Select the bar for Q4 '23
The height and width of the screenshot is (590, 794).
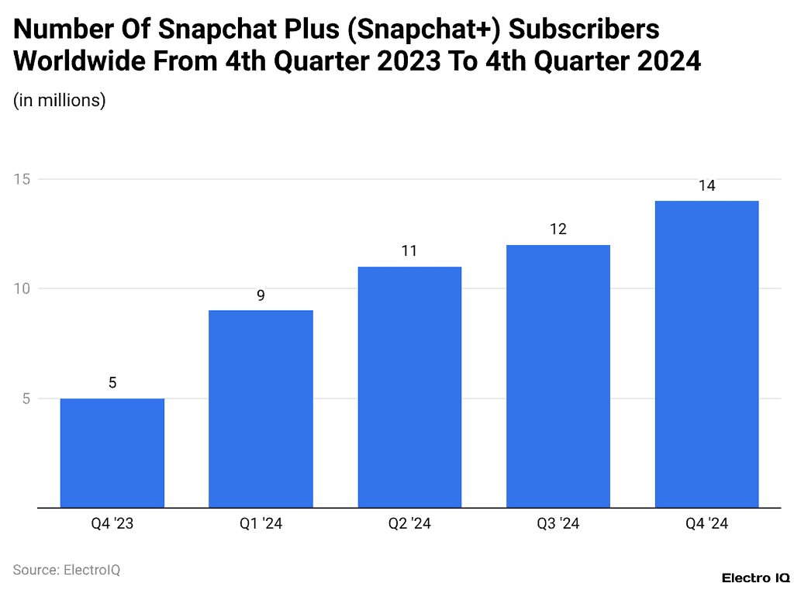[112, 454]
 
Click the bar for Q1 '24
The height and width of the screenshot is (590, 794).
[261, 409]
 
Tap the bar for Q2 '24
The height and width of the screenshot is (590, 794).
[409, 388]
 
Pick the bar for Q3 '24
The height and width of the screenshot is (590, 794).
[558, 377]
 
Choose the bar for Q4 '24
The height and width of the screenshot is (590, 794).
[706, 354]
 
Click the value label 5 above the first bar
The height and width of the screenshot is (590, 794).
[112, 383]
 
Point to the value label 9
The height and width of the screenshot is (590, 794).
[261, 295]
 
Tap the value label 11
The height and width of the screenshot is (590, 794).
[409, 251]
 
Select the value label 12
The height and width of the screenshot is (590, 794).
[558, 229]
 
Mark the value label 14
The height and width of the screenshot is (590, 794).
[706, 186]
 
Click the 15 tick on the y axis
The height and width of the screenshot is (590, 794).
[22, 179]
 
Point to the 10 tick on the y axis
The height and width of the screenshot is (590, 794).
[22, 288]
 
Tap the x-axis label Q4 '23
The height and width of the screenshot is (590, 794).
[112, 525]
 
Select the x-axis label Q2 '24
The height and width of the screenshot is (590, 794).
[409, 525]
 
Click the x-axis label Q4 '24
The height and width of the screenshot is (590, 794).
[706, 525]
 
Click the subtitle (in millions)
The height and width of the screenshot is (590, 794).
[60, 100]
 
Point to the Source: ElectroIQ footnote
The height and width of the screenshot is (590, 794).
[67, 570]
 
